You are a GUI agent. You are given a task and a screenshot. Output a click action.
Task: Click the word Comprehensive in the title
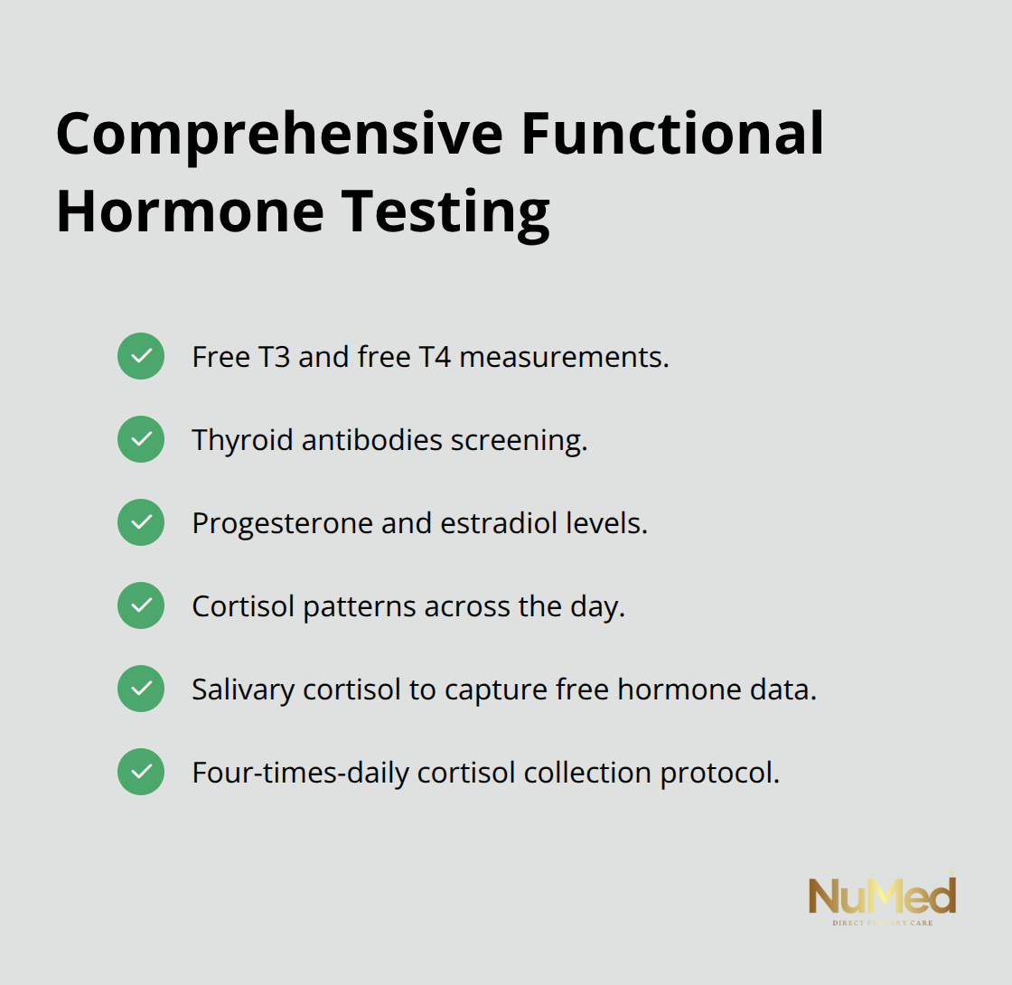click(x=278, y=134)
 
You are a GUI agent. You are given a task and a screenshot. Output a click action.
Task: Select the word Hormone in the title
click(x=190, y=211)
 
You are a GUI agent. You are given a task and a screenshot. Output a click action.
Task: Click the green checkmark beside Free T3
click(x=141, y=356)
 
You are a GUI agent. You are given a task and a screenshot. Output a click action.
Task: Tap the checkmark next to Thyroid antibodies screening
click(x=141, y=439)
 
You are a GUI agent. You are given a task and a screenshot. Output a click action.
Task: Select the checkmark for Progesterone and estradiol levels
click(x=141, y=522)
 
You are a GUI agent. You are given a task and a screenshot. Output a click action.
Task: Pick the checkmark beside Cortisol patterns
click(x=141, y=605)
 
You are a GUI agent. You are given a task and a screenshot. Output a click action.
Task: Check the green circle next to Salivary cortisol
click(x=141, y=689)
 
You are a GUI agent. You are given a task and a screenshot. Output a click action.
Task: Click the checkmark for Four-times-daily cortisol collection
click(x=141, y=772)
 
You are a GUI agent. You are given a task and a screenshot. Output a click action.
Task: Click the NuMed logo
click(x=882, y=897)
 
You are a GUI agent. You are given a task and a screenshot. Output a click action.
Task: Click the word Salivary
click(x=243, y=689)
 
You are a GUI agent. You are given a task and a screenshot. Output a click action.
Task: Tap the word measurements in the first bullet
click(x=564, y=357)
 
